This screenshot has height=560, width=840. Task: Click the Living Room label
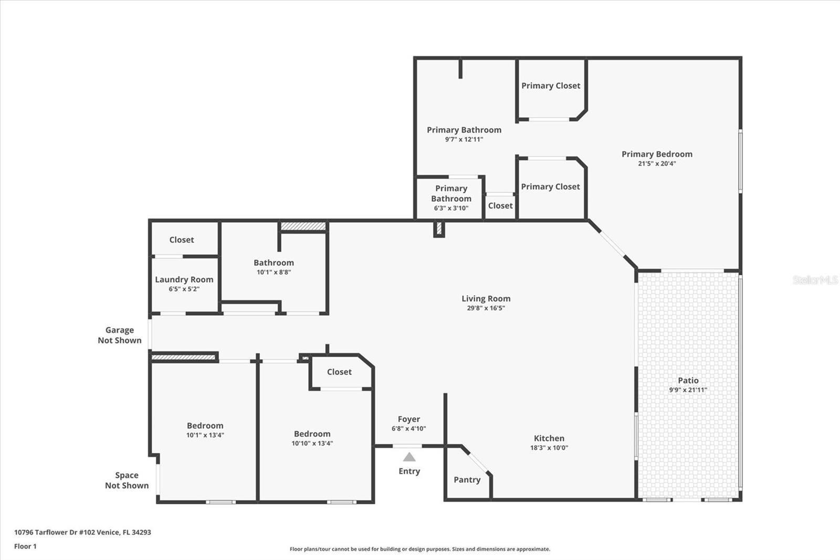(486, 298)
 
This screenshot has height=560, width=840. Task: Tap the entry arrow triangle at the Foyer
(409, 457)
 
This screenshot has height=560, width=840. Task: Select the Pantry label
(467, 480)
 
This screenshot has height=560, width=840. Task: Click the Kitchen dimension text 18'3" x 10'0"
(549, 448)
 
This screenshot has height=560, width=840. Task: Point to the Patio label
(688, 380)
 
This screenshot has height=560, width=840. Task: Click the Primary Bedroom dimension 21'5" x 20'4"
(657, 163)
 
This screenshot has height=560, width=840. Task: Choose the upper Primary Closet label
(551, 86)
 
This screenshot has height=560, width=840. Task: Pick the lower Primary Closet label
(550, 186)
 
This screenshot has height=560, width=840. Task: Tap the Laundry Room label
(184, 279)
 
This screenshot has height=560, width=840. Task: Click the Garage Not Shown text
(120, 335)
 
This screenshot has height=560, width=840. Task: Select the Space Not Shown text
(127, 480)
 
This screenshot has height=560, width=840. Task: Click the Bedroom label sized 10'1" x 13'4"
(205, 426)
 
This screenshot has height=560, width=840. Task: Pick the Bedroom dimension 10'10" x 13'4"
(312, 443)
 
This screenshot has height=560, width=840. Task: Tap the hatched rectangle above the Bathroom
(303, 226)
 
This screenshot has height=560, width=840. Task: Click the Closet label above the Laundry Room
(182, 240)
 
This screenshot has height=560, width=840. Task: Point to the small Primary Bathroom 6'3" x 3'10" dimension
(451, 208)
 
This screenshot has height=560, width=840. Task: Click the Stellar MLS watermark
(815, 280)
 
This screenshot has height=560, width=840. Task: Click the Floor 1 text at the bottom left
(25, 546)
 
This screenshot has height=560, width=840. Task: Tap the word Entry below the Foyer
(409, 471)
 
